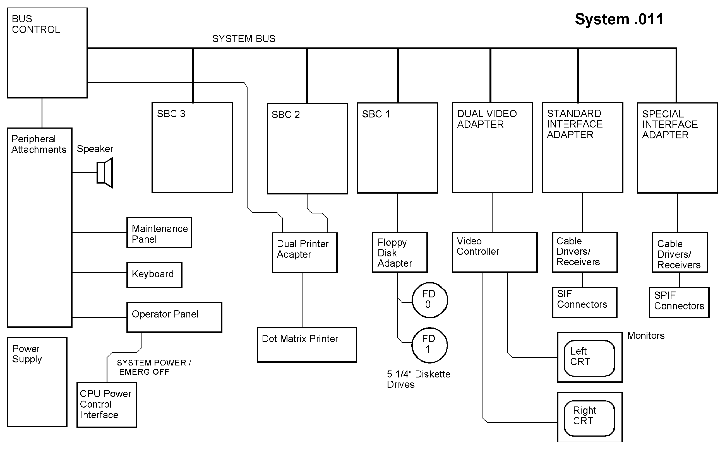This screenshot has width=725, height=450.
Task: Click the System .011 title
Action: (x=619, y=20)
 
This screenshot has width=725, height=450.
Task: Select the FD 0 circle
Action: (x=429, y=300)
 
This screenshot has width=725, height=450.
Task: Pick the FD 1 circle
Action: (x=429, y=345)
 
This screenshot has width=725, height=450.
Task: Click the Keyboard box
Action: (x=154, y=275)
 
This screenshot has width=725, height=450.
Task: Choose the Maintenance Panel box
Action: (x=159, y=233)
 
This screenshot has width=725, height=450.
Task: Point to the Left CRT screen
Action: (x=589, y=358)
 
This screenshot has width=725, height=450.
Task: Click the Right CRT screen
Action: (x=589, y=418)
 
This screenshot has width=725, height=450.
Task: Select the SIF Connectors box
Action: (x=585, y=302)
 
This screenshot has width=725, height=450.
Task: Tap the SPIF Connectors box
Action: (x=679, y=302)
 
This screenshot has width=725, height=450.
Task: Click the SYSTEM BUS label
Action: (x=243, y=39)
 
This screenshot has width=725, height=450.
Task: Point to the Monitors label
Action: (x=645, y=336)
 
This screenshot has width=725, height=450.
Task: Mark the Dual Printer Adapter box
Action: (x=304, y=252)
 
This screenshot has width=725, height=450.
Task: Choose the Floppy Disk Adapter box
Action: (x=399, y=252)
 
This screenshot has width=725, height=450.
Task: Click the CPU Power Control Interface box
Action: (x=107, y=405)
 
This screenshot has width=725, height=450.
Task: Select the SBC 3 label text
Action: (x=171, y=114)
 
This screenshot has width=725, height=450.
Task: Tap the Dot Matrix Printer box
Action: (x=306, y=345)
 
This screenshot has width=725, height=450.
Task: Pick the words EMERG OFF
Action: (x=144, y=372)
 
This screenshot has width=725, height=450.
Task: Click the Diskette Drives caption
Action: (x=418, y=379)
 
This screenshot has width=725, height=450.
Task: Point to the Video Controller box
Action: (x=494, y=252)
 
